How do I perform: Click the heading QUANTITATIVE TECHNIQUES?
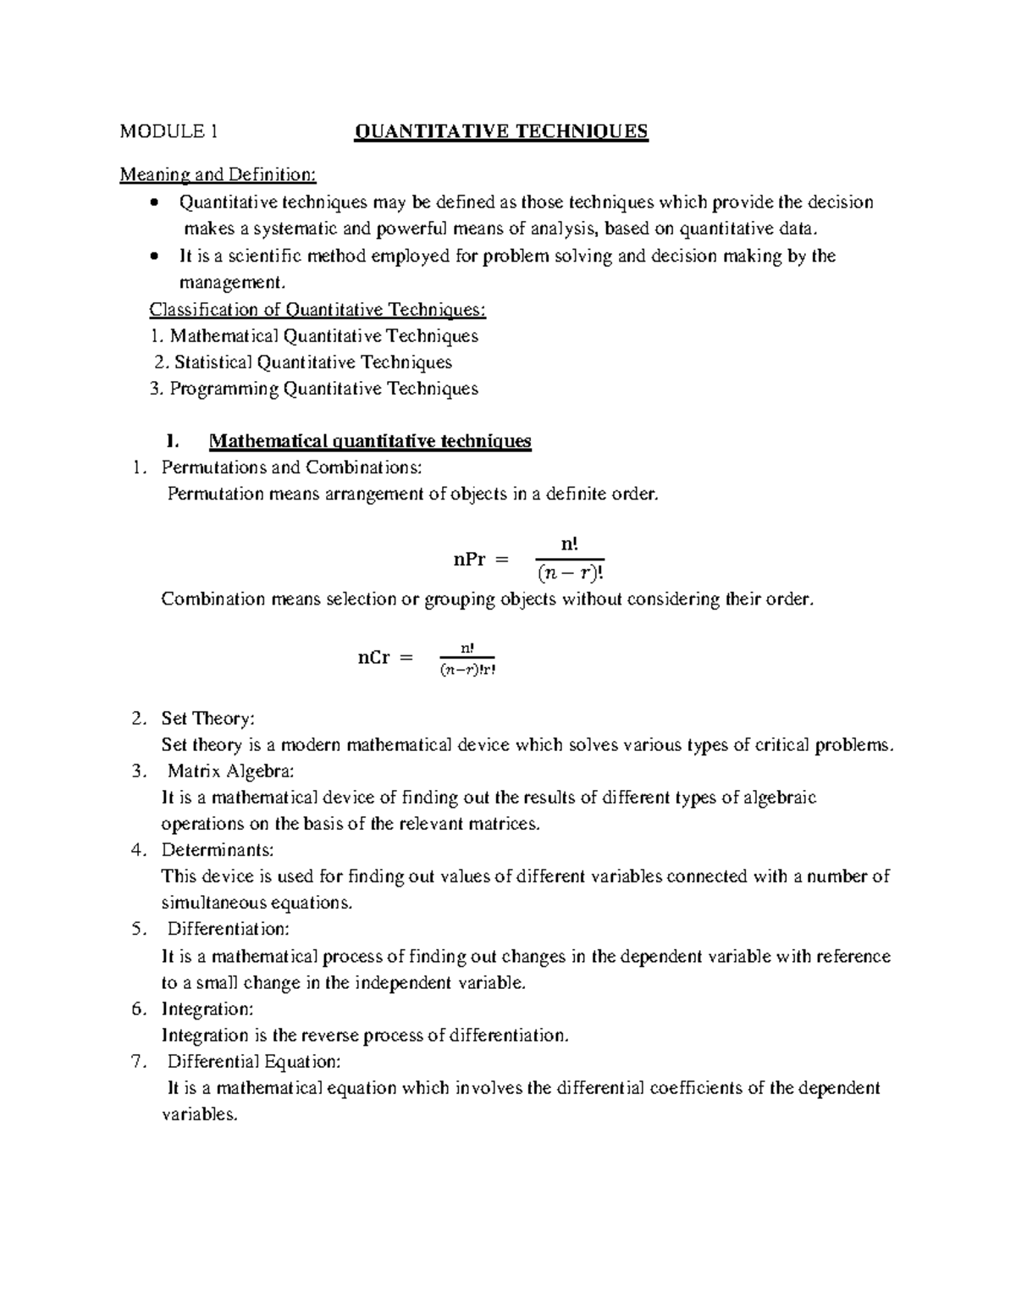[x=501, y=131]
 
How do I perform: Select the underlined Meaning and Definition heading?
[x=218, y=175]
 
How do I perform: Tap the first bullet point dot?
[x=152, y=202]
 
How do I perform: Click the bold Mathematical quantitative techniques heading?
[x=370, y=441]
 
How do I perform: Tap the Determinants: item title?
[x=218, y=849]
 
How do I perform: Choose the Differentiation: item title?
[x=228, y=929]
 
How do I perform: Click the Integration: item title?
[x=207, y=1008]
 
